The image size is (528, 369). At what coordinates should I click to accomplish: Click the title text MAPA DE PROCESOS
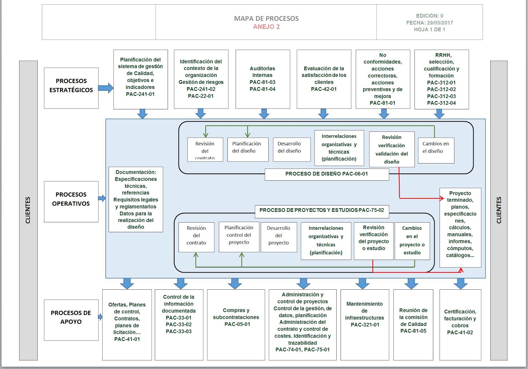(x=266, y=18)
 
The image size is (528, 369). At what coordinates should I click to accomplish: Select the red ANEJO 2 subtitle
(x=266, y=27)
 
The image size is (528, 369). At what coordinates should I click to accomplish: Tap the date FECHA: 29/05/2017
(x=429, y=23)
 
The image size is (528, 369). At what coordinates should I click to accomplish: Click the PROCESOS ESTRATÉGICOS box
(x=71, y=88)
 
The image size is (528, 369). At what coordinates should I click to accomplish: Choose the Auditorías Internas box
(x=263, y=79)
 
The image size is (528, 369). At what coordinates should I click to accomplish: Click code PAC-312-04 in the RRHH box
(x=441, y=103)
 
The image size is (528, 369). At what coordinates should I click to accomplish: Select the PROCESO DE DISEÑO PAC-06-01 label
(x=326, y=174)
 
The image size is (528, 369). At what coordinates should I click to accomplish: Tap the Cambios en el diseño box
(x=436, y=150)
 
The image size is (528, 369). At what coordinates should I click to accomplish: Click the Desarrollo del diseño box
(x=291, y=149)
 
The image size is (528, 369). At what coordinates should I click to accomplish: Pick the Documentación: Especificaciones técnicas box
(x=136, y=199)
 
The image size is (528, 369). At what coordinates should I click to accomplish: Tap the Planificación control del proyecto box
(x=239, y=237)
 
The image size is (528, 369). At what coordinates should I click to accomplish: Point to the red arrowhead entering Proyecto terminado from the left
(x=442, y=198)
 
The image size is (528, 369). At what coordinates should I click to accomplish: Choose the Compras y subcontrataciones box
(x=236, y=324)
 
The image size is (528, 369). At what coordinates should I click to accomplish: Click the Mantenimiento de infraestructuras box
(x=365, y=324)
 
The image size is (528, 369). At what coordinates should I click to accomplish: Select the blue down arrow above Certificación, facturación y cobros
(x=461, y=283)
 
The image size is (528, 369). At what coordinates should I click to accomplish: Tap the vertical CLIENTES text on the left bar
(x=28, y=210)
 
